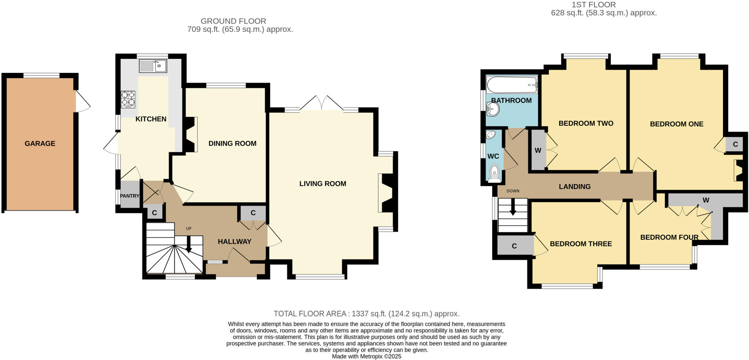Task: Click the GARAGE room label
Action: (x=40, y=143)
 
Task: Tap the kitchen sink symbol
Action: (x=153, y=66)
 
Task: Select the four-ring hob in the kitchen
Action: (x=128, y=99)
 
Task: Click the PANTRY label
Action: (x=129, y=196)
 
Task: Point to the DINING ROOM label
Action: (x=232, y=143)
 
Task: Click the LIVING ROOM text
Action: (x=323, y=184)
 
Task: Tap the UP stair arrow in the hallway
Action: (x=189, y=244)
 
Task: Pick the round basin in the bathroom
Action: (x=492, y=109)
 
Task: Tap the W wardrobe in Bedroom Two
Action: (x=538, y=150)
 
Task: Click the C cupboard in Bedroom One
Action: (x=735, y=145)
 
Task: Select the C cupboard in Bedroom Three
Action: (x=514, y=246)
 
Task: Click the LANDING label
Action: (x=575, y=187)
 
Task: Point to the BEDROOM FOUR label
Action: (x=669, y=237)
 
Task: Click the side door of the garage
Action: (x=82, y=101)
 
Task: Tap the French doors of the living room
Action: (x=322, y=104)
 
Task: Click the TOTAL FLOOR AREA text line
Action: (x=366, y=314)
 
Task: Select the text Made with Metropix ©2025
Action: (x=366, y=356)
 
